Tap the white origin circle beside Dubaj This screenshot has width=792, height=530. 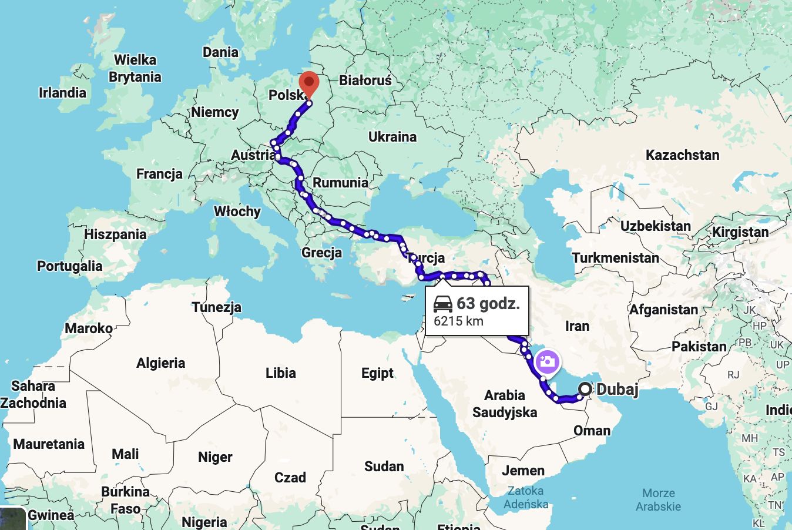[585, 389]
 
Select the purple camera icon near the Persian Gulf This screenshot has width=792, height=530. [547, 362]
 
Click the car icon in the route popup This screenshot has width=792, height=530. [443, 304]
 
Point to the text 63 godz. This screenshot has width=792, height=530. [488, 304]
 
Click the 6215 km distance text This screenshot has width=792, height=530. [458, 321]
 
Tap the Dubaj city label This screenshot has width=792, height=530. [617, 389]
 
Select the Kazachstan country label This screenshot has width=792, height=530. [682, 155]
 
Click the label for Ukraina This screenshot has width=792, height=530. [392, 137]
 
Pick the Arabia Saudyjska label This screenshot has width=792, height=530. [505, 404]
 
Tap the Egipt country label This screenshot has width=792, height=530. [377, 373]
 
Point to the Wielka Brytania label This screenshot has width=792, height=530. [135, 68]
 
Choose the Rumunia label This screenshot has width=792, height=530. [340, 183]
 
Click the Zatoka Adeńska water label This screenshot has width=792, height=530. [526, 497]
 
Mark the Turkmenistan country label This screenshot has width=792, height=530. [616, 258]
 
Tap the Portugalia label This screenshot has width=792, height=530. [69, 266]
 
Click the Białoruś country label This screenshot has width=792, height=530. [365, 80]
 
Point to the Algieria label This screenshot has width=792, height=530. [160, 363]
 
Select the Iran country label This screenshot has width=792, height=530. [577, 326]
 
